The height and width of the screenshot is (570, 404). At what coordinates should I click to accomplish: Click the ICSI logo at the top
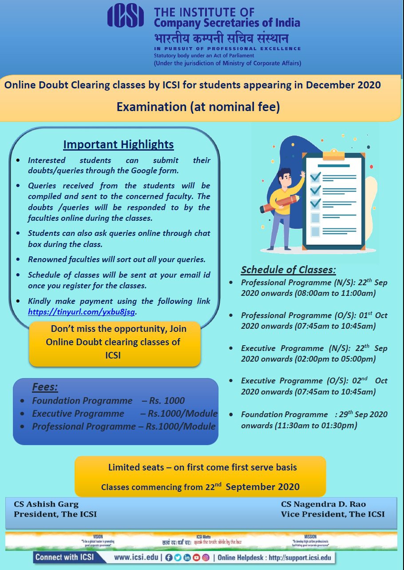point(126,17)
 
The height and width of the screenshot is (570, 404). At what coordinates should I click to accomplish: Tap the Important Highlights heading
point(118,144)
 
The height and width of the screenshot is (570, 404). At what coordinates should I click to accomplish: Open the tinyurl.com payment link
point(82,312)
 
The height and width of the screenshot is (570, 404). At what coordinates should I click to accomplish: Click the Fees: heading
point(45,387)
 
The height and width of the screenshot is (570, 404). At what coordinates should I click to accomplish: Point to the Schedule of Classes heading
point(288,270)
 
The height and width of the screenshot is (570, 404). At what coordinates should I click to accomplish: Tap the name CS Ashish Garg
point(46,504)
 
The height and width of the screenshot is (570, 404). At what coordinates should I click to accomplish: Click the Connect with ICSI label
point(64,557)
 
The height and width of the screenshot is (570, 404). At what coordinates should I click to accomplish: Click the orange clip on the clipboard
point(333,155)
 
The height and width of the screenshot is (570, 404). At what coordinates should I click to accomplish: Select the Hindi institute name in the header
point(221,38)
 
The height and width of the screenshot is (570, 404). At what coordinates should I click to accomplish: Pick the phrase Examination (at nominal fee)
point(198,107)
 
